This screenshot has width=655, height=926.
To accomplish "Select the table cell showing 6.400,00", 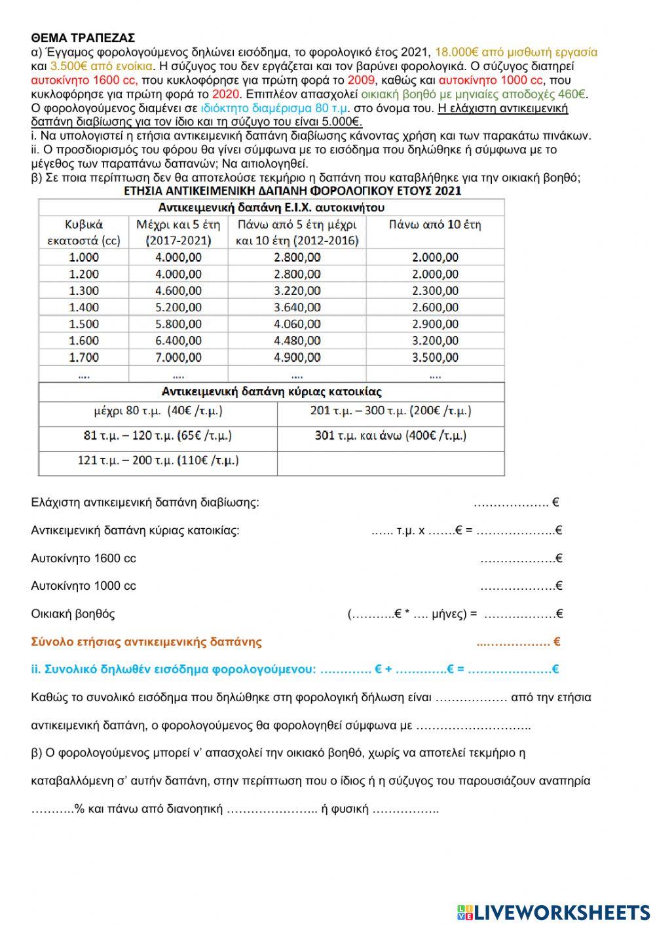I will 178,341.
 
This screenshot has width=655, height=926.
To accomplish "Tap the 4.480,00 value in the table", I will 297,341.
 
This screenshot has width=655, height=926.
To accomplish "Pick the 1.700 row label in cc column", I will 84,357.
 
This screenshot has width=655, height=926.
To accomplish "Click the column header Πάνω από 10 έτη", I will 435,225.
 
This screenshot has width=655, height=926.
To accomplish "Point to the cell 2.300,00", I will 435,290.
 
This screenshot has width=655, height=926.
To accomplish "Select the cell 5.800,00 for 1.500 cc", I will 178,324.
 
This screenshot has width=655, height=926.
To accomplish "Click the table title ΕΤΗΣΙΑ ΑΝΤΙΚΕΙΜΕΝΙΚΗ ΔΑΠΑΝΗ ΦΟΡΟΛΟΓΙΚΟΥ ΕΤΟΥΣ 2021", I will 292,191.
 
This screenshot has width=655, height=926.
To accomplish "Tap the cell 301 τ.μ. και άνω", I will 391,436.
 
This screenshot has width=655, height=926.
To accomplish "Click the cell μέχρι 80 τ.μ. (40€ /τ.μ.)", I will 158,412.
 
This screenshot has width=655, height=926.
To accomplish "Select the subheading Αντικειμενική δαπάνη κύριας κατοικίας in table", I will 271,392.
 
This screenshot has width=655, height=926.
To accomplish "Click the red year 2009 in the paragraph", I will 360,80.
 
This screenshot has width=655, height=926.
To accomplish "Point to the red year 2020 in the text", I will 226,94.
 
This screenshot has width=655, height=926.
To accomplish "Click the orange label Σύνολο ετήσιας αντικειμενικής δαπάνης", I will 146,642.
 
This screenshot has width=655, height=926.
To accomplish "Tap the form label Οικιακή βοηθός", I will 73,614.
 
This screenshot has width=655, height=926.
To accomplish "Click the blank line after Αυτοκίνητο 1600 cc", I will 518,559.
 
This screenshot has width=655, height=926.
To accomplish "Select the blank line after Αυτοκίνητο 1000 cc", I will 518,587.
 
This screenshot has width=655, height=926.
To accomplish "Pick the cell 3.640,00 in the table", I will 297,307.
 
